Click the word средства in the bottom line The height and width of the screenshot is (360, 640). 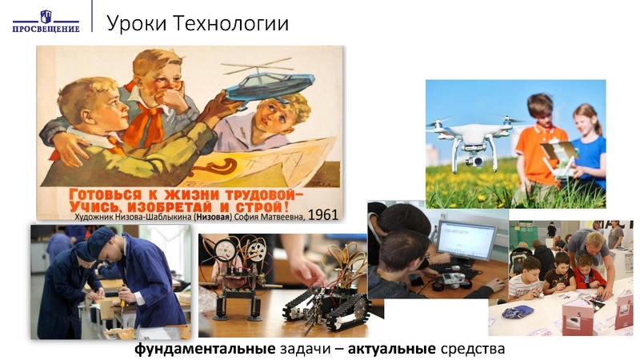click(x=473, y=349)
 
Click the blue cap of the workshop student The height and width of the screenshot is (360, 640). click(x=102, y=238)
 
